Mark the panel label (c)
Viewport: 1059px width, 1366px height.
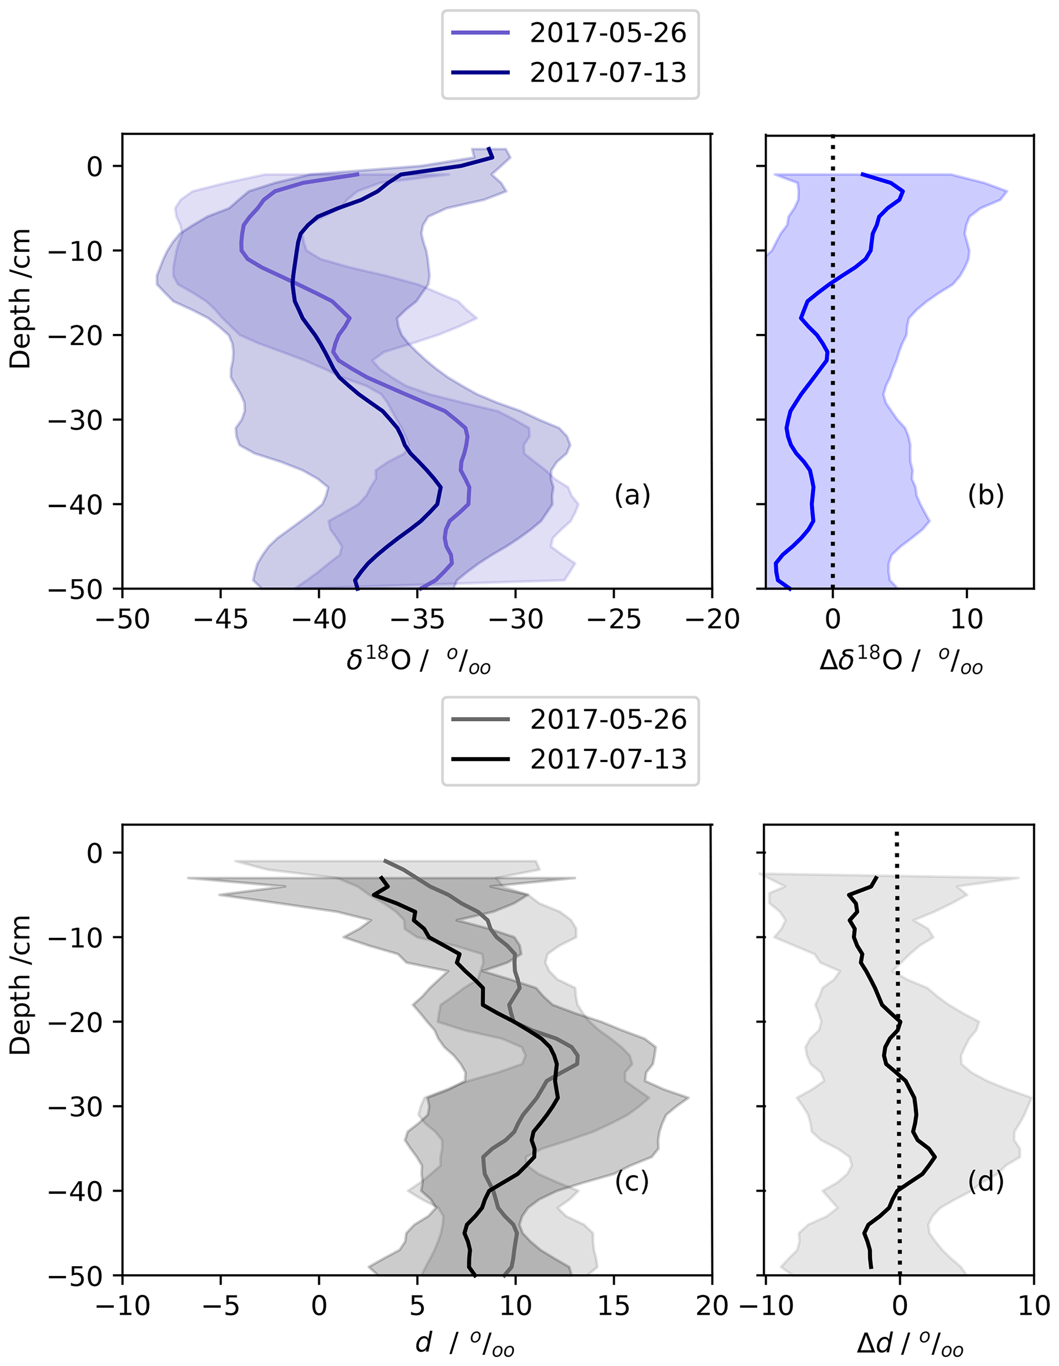pos(632,1182)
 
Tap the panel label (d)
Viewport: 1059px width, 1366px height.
pos(985,1182)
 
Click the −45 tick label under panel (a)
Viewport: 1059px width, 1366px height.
pos(221,619)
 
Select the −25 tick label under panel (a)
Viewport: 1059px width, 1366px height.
pos(614,619)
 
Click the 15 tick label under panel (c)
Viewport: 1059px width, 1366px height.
pos(614,1306)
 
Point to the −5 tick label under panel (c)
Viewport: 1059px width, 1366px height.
pos(221,1306)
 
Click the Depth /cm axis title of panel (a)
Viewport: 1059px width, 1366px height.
pos(20,299)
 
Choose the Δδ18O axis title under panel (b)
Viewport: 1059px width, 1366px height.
pos(901,661)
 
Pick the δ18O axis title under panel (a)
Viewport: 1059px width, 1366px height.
pos(418,661)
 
